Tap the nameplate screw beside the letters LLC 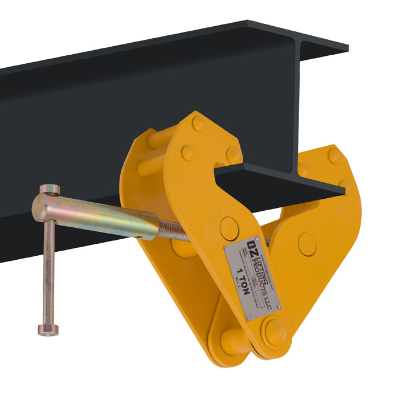click(x=279, y=308)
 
